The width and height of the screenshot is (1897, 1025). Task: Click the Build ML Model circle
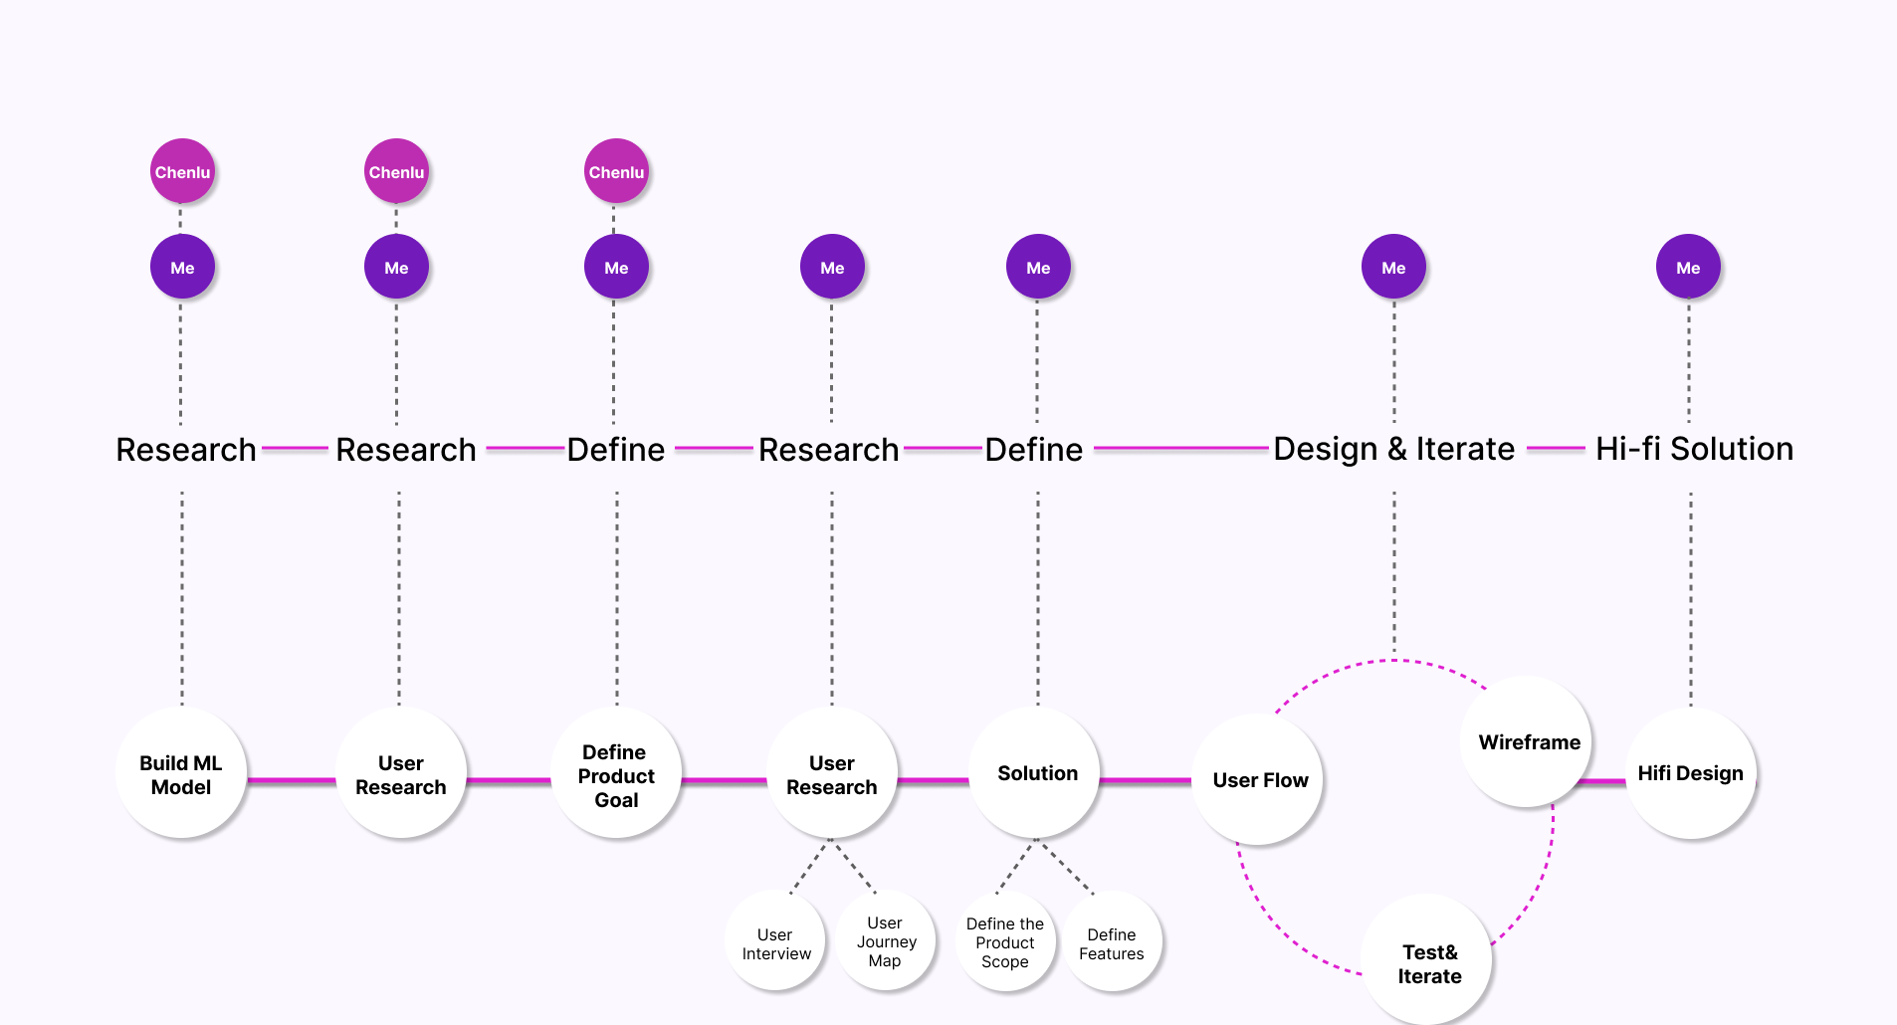point(181,774)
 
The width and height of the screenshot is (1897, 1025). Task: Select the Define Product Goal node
point(616,774)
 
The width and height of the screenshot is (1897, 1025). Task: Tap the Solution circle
point(1036,773)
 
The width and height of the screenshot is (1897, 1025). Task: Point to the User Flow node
point(1259,780)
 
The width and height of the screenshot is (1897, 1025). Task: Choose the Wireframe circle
point(1528,742)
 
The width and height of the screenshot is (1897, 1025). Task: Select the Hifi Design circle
point(1690,773)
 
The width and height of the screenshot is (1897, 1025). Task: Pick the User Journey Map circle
point(885,941)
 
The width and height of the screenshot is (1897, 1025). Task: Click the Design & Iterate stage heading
point(1393,449)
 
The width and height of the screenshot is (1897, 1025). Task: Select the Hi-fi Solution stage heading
point(1694,449)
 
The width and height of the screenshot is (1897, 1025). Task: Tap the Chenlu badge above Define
point(616,171)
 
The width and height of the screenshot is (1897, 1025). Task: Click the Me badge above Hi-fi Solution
point(1688,267)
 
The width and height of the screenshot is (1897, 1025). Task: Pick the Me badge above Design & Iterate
point(1393,267)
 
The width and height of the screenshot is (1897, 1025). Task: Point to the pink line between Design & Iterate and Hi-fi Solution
point(1555,449)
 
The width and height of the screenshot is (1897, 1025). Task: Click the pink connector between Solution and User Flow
point(1146,780)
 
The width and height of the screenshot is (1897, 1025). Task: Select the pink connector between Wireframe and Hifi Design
point(1603,781)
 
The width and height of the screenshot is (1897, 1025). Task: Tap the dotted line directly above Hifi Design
point(1690,597)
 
